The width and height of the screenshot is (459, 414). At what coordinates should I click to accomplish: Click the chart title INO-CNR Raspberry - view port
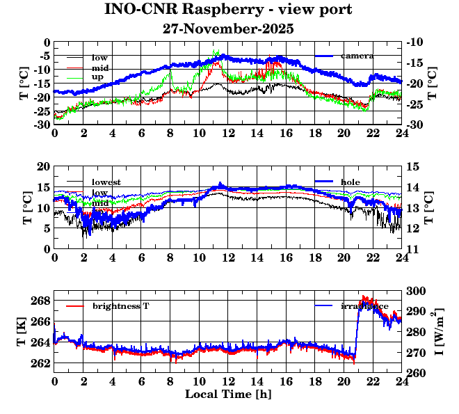[228, 10]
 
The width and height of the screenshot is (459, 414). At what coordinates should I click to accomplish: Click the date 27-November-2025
[228, 29]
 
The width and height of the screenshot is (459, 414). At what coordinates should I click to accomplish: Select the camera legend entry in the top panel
[357, 56]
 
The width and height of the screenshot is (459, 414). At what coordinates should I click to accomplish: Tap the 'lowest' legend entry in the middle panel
[106, 182]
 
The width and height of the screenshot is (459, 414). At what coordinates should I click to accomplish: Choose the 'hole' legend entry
[351, 182]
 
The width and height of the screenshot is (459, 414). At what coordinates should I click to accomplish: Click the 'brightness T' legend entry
[121, 306]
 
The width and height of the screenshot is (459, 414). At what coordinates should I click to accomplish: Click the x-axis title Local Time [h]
[228, 395]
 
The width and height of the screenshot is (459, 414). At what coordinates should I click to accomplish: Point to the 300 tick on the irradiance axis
[415, 291]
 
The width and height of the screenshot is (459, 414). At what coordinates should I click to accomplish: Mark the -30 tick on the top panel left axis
[41, 125]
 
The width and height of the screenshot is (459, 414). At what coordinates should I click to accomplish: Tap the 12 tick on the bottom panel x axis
[228, 381]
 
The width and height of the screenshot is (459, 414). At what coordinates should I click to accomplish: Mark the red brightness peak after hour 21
[363, 297]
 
